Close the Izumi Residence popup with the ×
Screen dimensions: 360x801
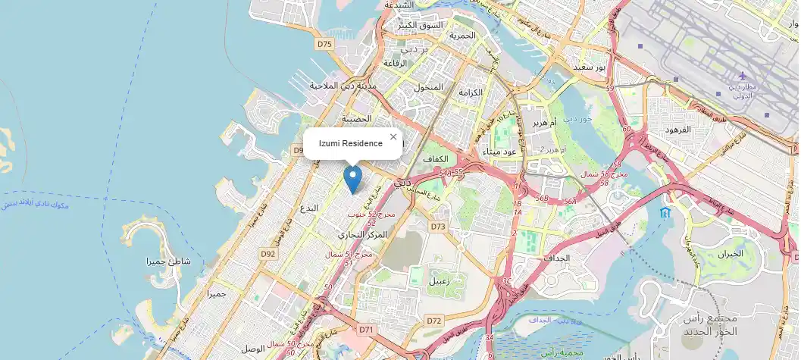pos(393,136)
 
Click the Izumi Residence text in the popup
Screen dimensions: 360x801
pos(350,143)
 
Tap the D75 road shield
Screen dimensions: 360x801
pos(325,44)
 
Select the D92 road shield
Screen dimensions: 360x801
pos(268,254)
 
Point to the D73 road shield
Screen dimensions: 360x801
pos(438,227)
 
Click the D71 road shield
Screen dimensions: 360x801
pos(366,329)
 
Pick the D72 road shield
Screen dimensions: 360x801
pos(433,321)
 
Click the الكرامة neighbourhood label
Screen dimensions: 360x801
pos(470,92)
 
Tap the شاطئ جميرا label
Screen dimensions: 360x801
pos(169,261)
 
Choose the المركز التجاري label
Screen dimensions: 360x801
pos(362,235)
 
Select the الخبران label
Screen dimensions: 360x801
pos(734,254)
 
